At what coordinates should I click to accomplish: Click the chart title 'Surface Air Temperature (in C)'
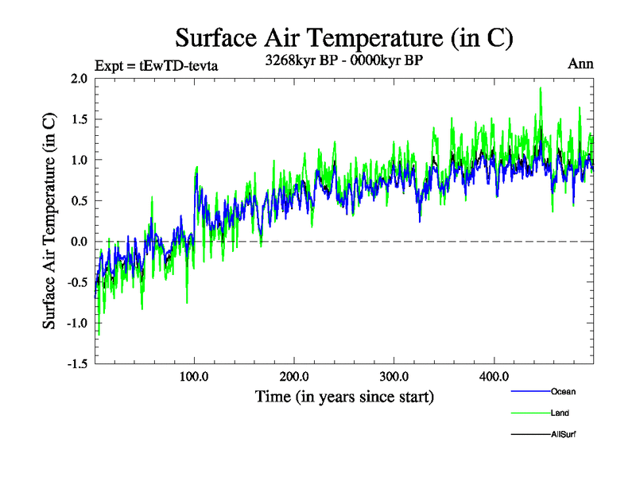click(343, 37)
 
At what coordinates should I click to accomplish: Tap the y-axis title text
click(49, 222)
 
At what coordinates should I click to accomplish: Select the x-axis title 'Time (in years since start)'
click(344, 396)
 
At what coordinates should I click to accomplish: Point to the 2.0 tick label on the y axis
click(79, 79)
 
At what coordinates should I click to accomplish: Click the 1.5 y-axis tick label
click(79, 119)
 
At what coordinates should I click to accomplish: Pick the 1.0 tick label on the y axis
click(79, 160)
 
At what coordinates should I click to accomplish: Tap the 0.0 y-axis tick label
click(79, 242)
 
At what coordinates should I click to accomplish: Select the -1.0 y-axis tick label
click(76, 323)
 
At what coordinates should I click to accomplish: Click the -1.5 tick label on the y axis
click(76, 363)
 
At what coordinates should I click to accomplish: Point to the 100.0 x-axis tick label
click(195, 377)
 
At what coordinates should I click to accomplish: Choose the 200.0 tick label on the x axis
click(295, 377)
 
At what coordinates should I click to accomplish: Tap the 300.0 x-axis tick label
click(395, 377)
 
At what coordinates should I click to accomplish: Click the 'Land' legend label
click(560, 413)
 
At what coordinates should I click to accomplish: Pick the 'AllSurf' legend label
click(562, 434)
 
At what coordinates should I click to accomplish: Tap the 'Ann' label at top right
click(580, 64)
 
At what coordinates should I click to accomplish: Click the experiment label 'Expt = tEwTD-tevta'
click(156, 65)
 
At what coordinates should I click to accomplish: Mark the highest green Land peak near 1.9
click(541, 88)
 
